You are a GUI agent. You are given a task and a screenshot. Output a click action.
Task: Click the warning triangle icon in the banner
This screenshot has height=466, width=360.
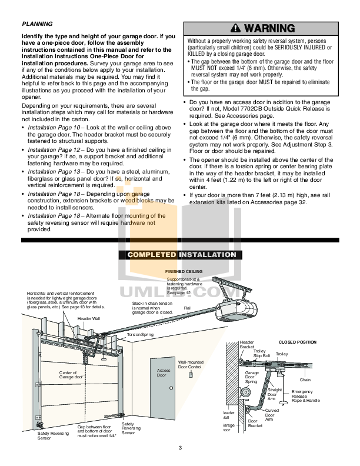coord(236,28)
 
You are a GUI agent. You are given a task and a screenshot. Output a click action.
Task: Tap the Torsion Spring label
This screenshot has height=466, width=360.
coord(140,334)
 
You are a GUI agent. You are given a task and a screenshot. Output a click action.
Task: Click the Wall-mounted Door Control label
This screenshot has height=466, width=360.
coord(189,364)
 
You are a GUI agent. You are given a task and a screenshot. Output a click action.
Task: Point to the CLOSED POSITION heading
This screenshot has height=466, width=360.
coord(297,342)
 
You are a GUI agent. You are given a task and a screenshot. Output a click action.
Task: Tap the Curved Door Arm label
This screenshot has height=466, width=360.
coord(271,415)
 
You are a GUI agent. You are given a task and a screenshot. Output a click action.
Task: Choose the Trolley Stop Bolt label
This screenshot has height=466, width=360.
coord(261,354)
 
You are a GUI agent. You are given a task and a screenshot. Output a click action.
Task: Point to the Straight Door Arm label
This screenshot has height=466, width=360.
coord(275,394)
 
